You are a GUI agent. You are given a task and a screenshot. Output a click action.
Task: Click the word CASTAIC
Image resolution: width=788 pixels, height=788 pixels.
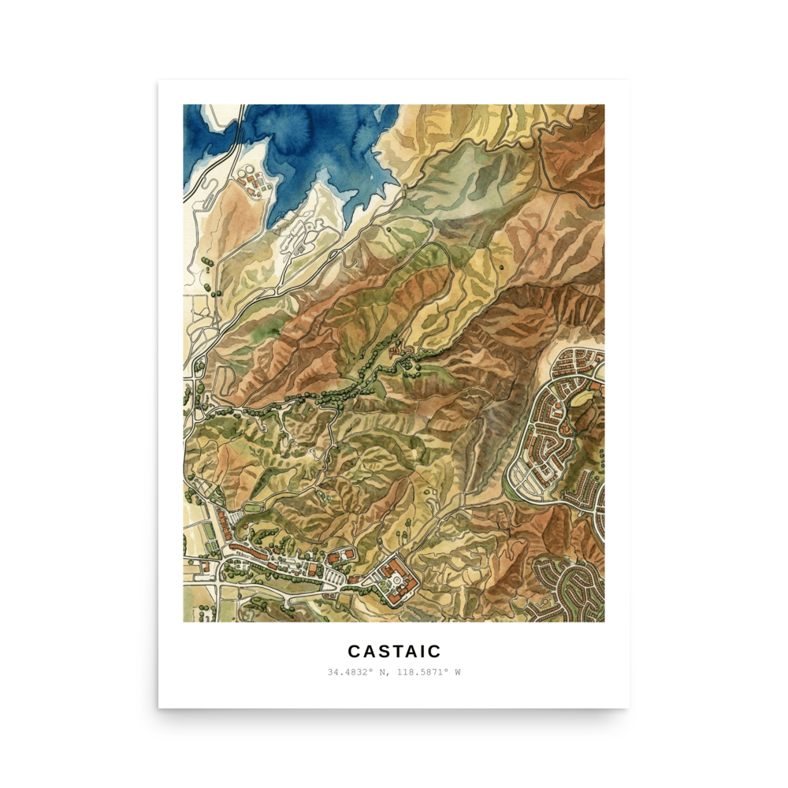tap(394, 652)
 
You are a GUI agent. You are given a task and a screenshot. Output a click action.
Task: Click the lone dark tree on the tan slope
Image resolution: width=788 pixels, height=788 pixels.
tap(502, 268)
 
